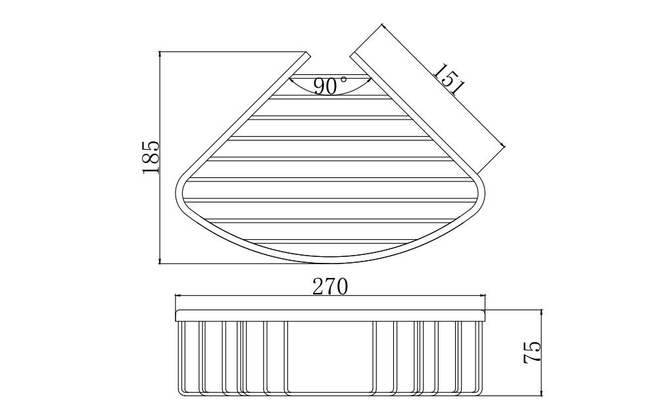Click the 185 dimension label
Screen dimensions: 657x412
(151, 158)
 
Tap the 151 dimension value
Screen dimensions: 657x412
(449, 79)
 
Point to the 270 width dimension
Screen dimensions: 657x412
(330, 286)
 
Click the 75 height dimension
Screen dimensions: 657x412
(532, 352)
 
